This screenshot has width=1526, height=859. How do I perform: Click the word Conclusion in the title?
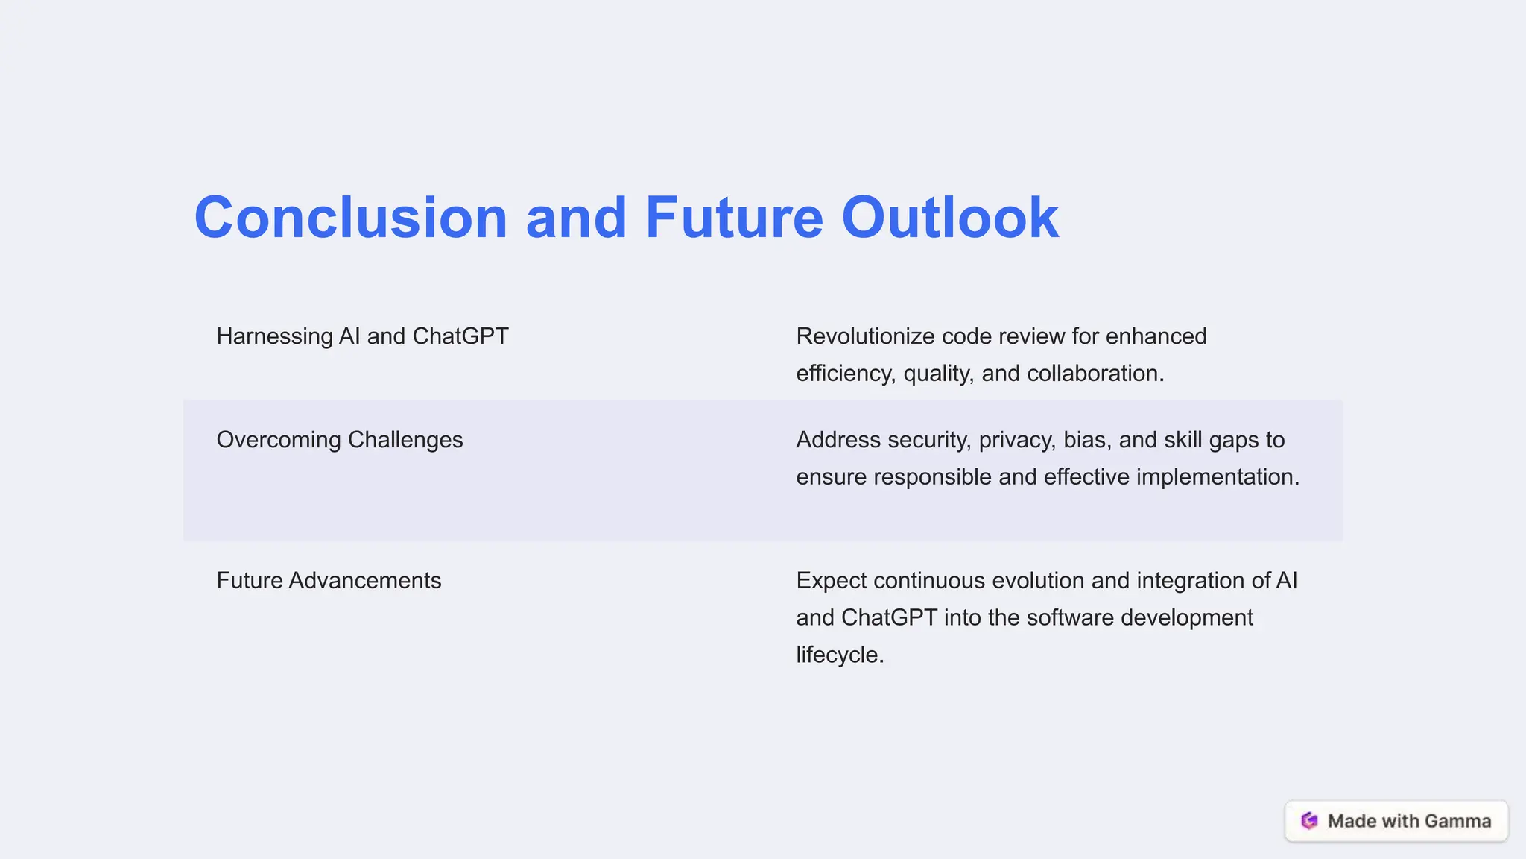(350, 218)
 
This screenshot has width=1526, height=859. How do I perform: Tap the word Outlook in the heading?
(949, 218)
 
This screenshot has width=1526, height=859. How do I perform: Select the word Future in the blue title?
(733, 218)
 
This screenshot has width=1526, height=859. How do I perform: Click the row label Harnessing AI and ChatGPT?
(362, 336)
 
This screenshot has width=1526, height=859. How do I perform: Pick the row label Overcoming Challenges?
(340, 440)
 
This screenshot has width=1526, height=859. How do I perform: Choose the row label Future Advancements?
(329, 581)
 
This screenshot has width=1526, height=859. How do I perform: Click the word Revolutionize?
(865, 336)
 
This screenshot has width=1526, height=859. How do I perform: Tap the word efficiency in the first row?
(845, 374)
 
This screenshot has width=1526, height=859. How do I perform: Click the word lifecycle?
(839, 655)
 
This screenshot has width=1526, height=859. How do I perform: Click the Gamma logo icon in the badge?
(1309, 821)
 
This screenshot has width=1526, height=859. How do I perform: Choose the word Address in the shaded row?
(838, 440)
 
